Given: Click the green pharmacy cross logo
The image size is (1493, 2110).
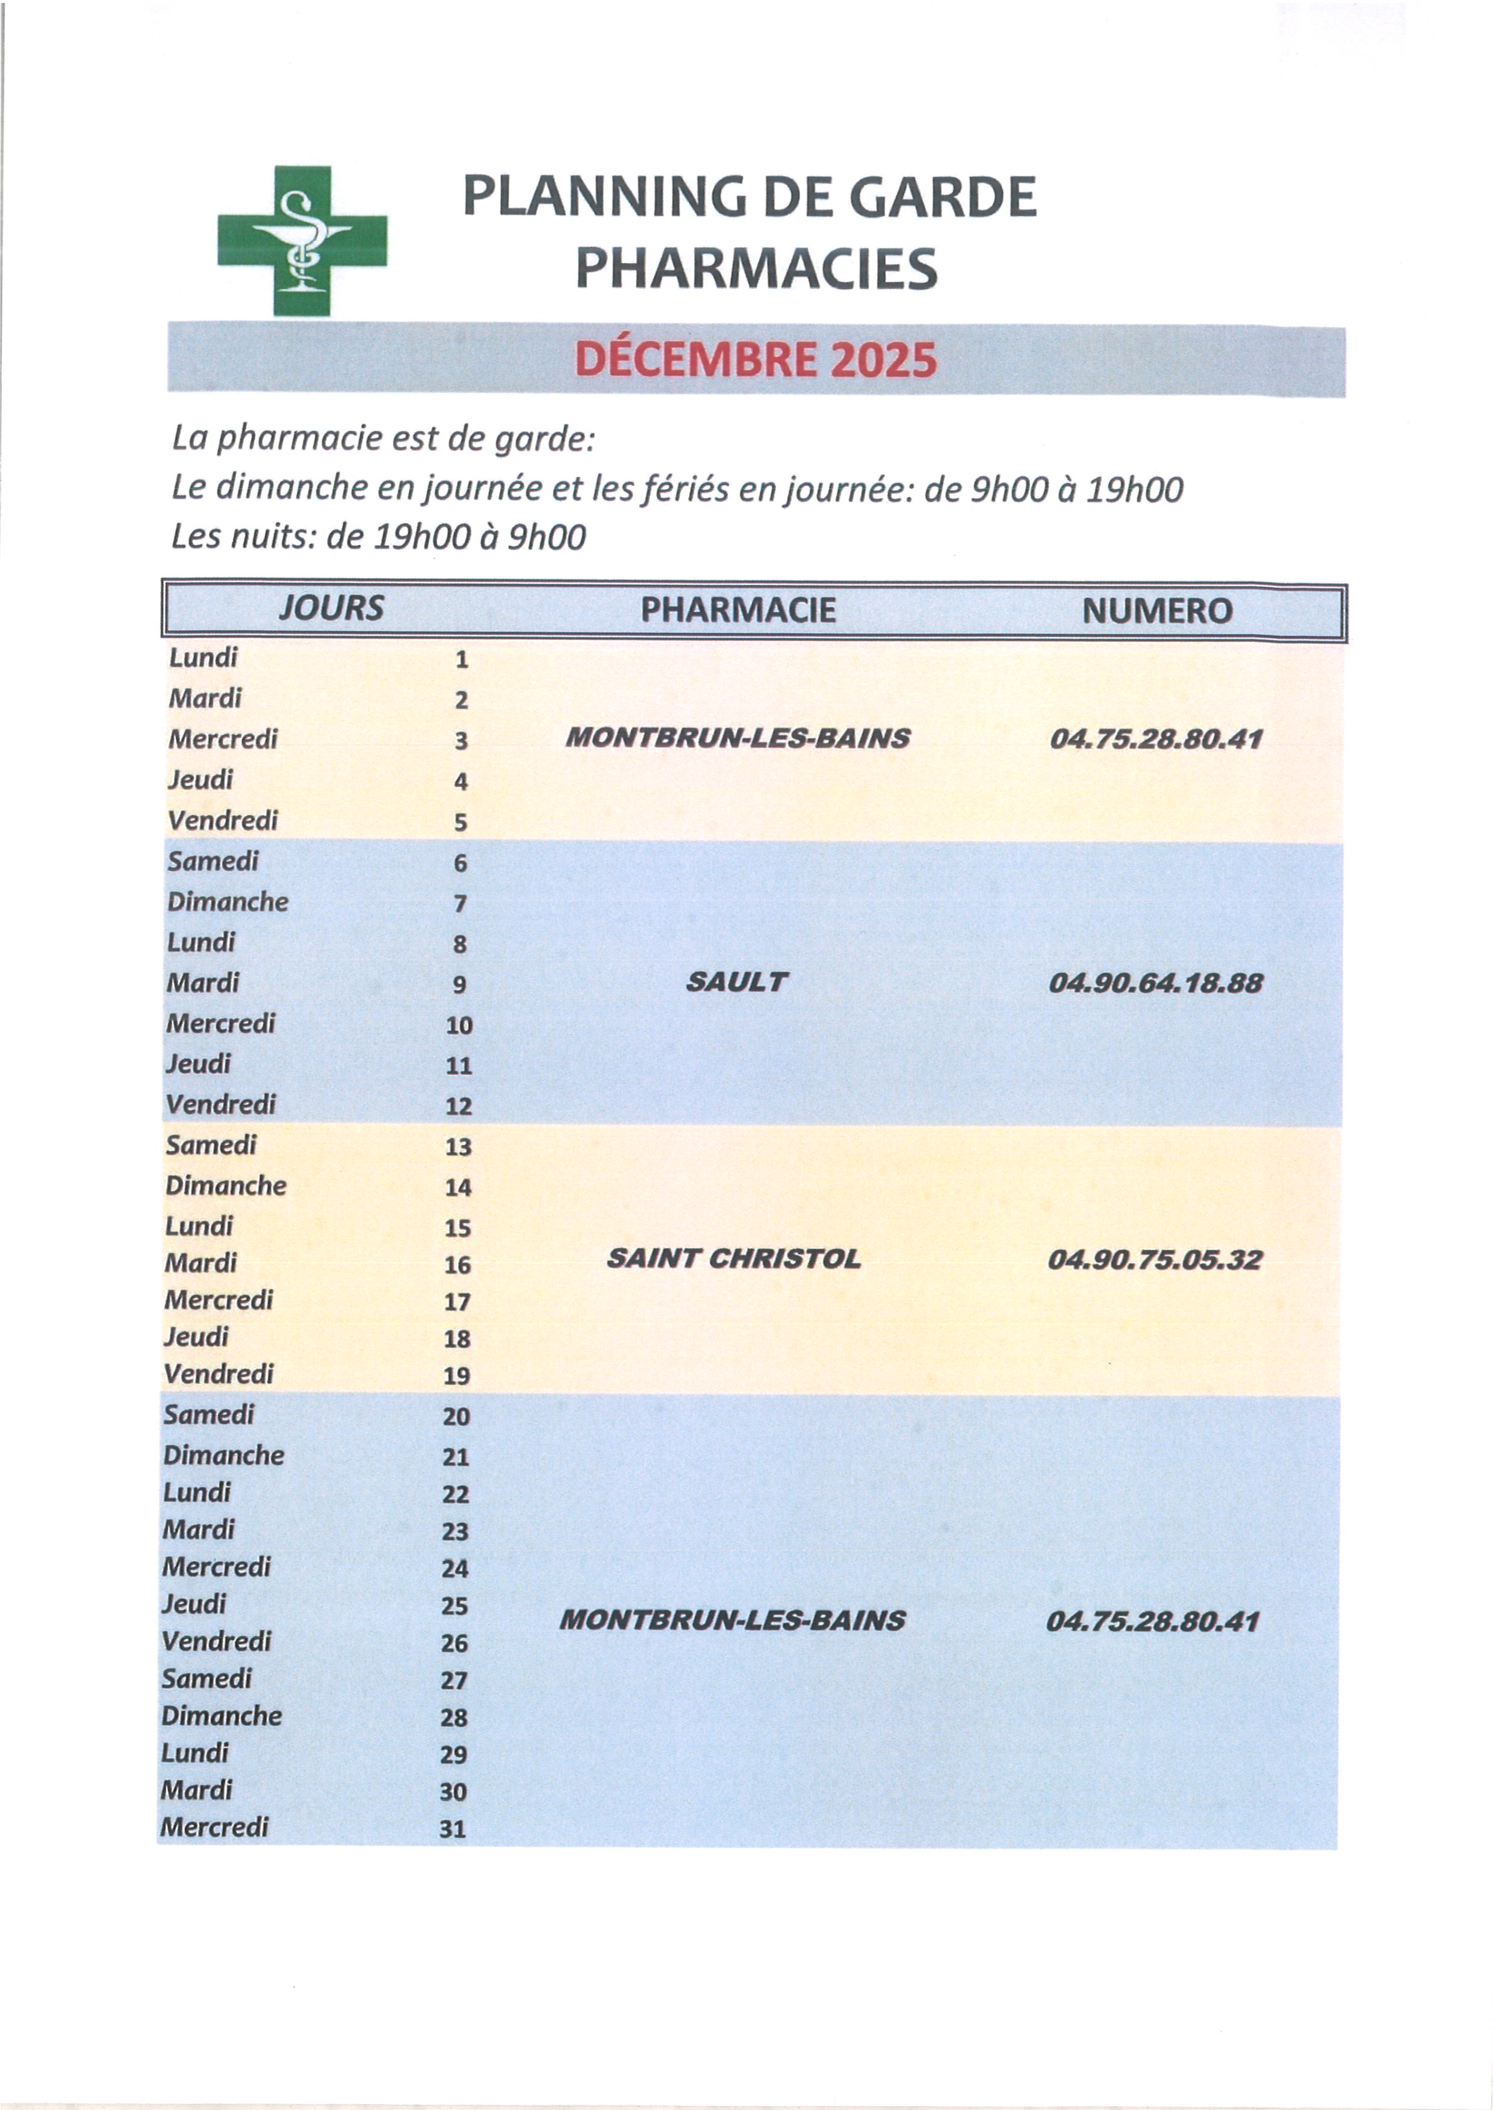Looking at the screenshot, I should click(x=302, y=241).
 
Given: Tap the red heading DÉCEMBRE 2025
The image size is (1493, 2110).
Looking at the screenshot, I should click(x=755, y=359).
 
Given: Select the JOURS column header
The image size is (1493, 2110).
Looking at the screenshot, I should click(x=331, y=608).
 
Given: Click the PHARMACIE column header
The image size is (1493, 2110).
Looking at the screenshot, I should click(x=738, y=610).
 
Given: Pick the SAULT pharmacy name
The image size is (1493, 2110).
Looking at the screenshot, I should click(x=736, y=983).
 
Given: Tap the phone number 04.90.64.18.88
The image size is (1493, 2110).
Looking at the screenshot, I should click(x=1156, y=983).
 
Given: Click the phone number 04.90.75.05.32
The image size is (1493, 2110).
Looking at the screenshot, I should click(x=1155, y=1259).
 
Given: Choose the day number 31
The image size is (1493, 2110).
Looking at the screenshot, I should click(x=452, y=1829).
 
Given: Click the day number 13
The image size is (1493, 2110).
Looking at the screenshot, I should click(x=458, y=1147).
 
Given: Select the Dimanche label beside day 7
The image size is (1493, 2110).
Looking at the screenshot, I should click(x=227, y=901).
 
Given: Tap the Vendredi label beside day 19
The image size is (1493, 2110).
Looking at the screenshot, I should click(x=219, y=1374).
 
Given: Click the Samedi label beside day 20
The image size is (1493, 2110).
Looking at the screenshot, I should click(x=209, y=1414).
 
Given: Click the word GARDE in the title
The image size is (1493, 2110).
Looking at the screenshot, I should click(x=942, y=197).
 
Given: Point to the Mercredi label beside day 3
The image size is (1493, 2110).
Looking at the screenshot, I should click(x=223, y=739).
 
